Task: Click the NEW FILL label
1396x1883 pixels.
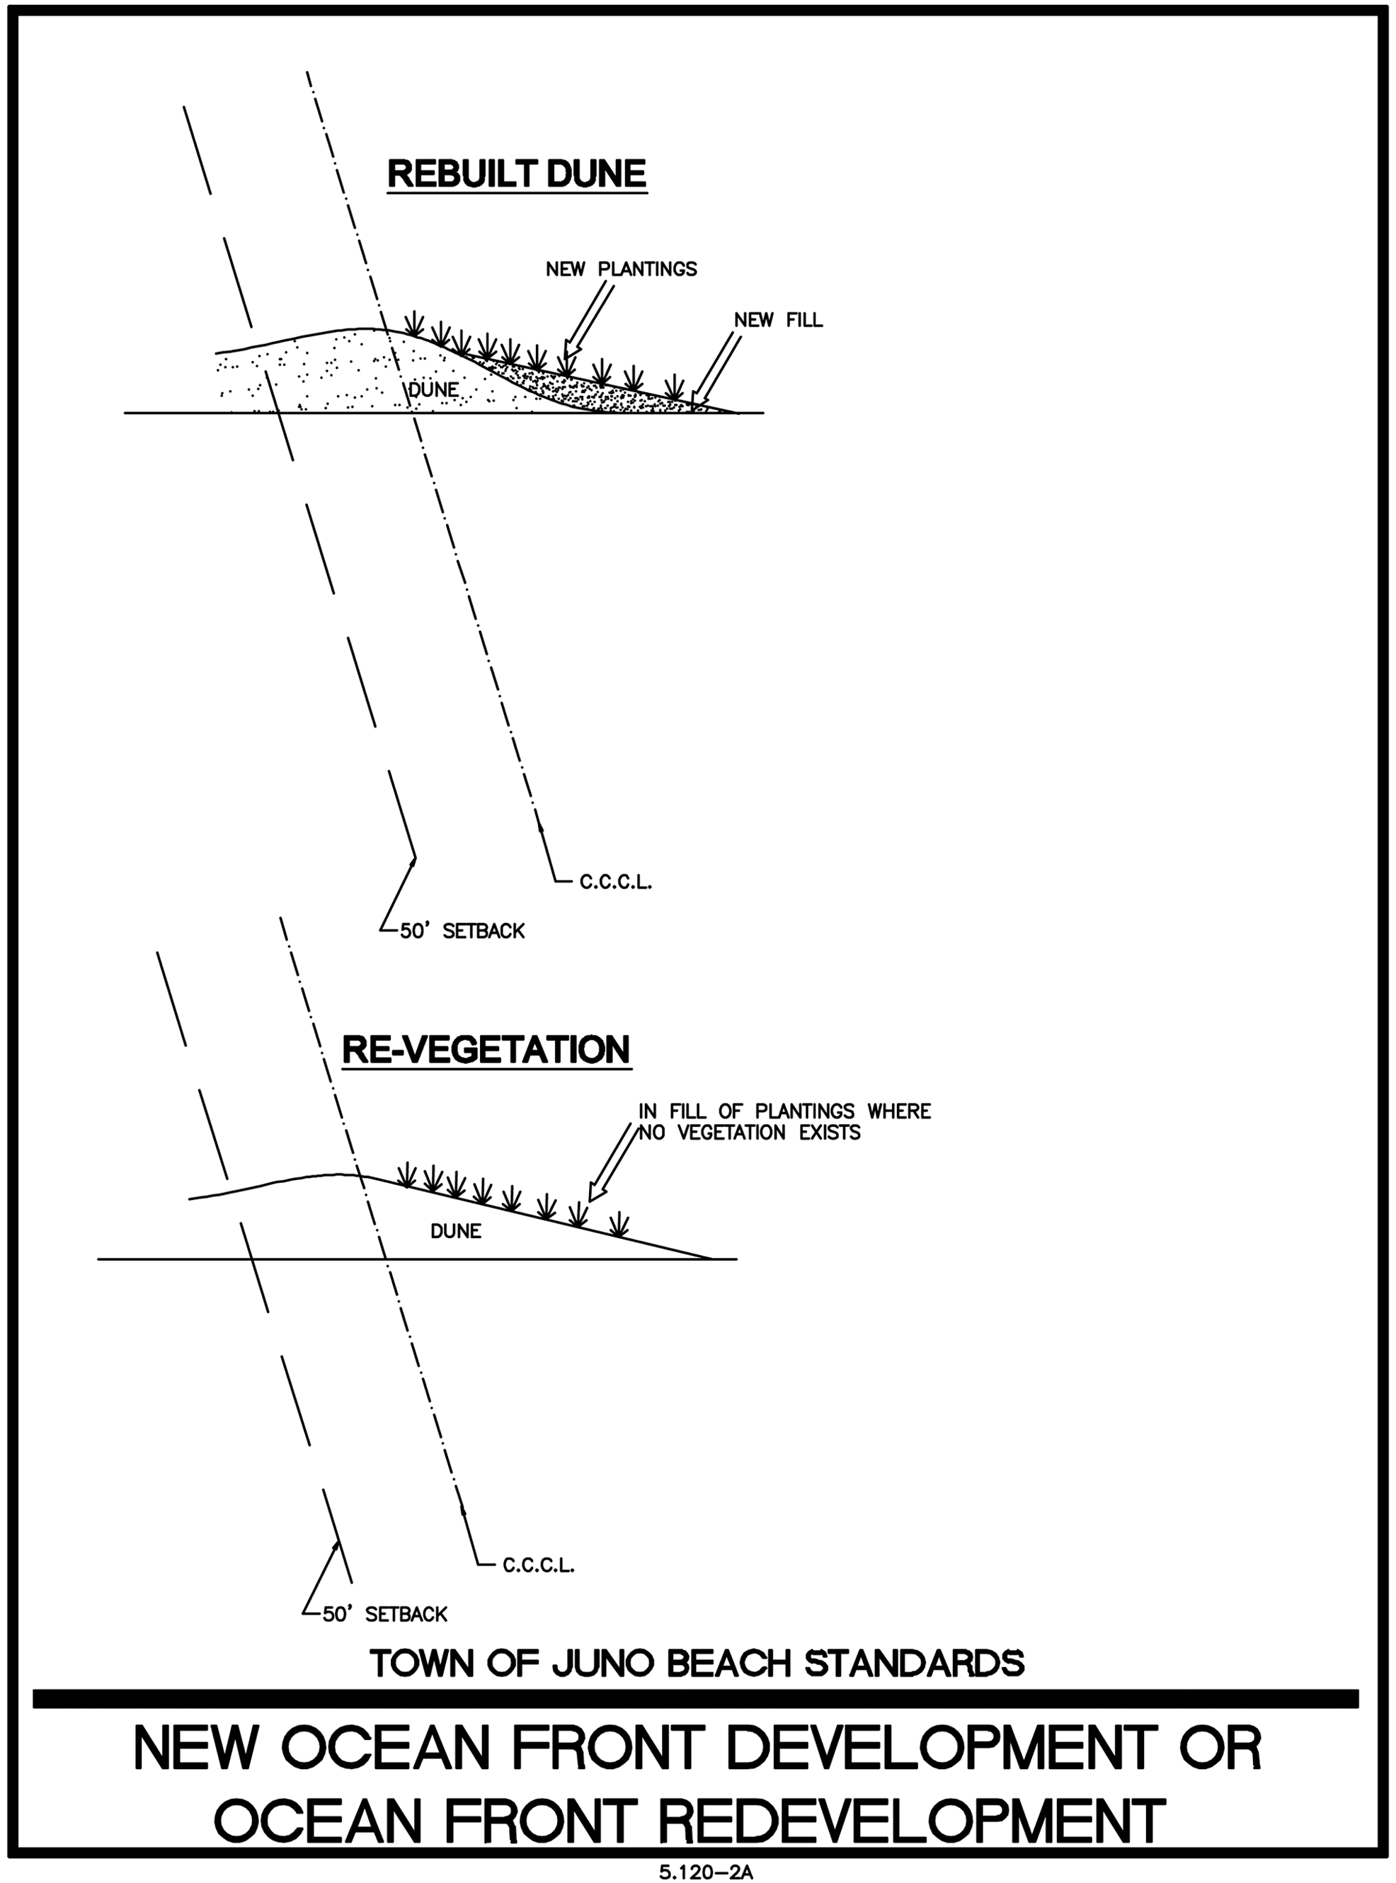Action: point(777,320)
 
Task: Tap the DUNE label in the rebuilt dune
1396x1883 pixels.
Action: point(433,389)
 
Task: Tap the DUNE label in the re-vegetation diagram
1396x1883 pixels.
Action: point(455,1231)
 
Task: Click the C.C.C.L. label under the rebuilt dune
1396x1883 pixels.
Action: point(615,883)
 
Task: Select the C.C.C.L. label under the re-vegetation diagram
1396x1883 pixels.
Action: point(538,1565)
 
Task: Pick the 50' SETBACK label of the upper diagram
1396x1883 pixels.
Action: point(462,931)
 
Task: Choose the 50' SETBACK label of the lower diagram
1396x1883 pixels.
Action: point(384,1615)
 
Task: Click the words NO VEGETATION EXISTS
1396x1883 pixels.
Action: point(749,1133)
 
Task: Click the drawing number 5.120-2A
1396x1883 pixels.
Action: point(706,1873)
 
